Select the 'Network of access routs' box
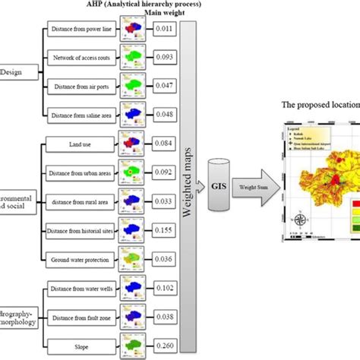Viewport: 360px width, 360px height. point(80,58)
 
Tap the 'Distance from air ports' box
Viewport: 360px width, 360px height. point(80,86)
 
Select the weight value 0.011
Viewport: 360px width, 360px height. point(163,29)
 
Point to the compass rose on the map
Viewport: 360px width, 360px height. point(302,221)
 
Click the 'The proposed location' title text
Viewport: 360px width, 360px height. point(320,106)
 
